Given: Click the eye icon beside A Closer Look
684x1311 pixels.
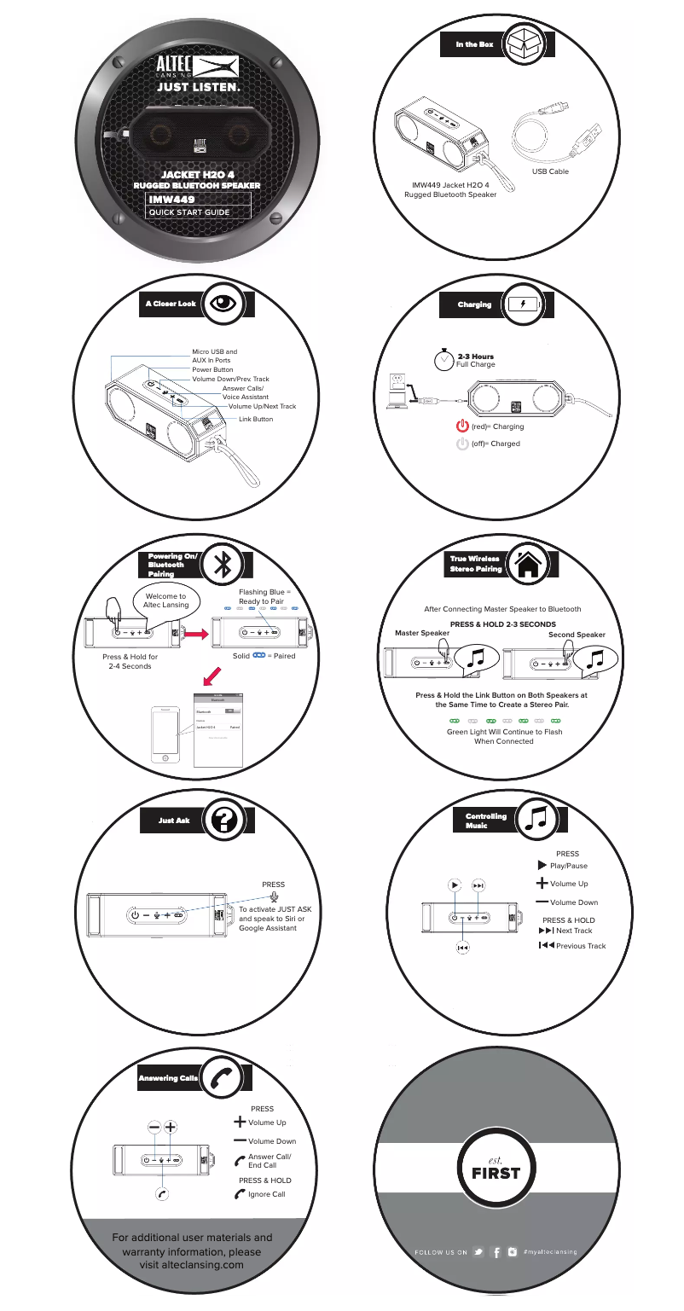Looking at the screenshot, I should pyautogui.click(x=224, y=304).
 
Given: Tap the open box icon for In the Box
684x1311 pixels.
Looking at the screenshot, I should pyautogui.click(x=523, y=44).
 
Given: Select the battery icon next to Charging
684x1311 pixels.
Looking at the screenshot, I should pyautogui.click(x=523, y=305).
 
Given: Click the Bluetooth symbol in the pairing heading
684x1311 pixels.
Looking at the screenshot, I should pyautogui.click(x=224, y=564).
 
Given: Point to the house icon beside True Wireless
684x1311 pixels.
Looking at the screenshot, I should pyautogui.click(x=528, y=564).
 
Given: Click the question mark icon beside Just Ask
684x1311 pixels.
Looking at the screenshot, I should pyautogui.click(x=224, y=821).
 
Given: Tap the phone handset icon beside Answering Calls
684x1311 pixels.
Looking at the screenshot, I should pyautogui.click(x=224, y=1079).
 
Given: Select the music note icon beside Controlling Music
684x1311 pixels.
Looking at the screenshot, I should pyautogui.click(x=537, y=820).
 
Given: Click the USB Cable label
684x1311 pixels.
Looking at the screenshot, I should pyautogui.click(x=550, y=172).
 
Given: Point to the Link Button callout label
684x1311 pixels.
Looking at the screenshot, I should pyautogui.click(x=256, y=420).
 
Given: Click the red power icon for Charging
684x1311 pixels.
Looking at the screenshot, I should pyautogui.click(x=463, y=426).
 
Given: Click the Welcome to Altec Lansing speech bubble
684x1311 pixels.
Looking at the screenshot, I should pyautogui.click(x=165, y=599).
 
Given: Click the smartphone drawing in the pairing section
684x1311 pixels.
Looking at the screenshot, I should pyautogui.click(x=165, y=734).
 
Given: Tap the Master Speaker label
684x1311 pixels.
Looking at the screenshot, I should pyautogui.click(x=422, y=634).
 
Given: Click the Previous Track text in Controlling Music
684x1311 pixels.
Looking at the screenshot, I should pyautogui.click(x=580, y=946).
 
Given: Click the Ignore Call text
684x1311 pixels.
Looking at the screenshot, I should pyautogui.click(x=266, y=1194).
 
